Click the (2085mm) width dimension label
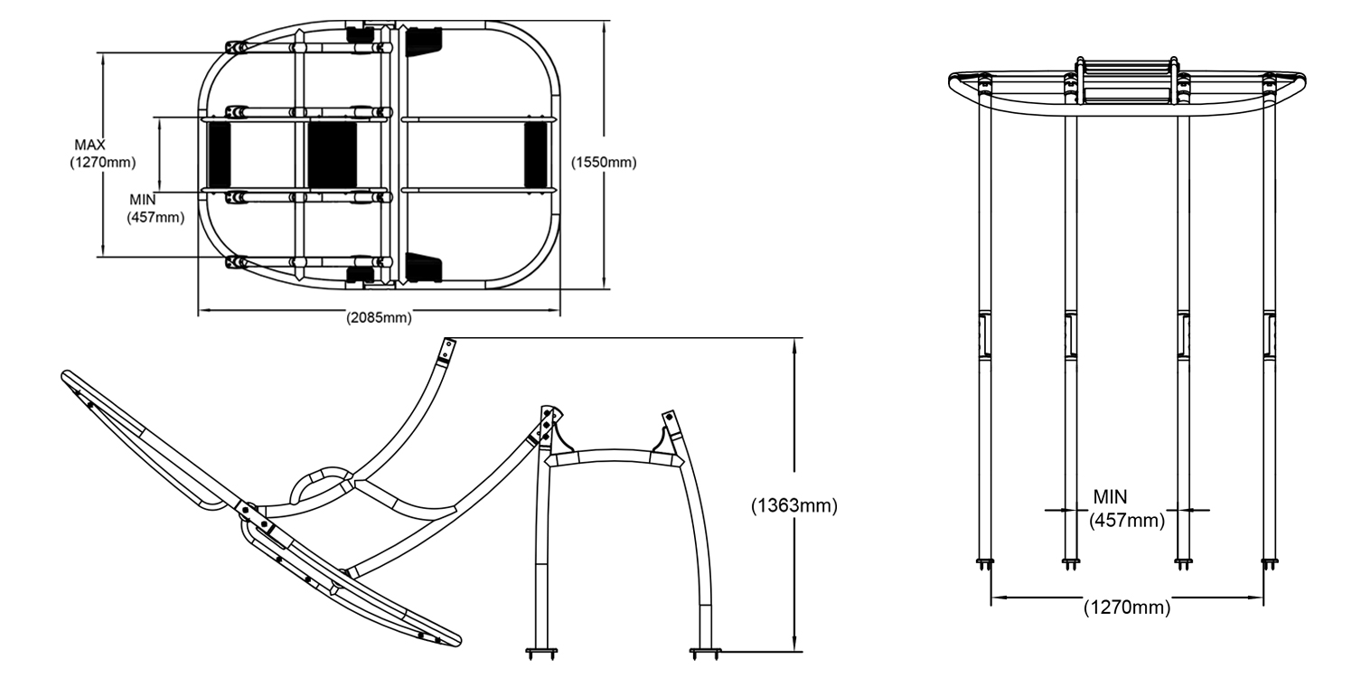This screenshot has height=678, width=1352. click(x=379, y=318)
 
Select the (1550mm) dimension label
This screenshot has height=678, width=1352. click(x=604, y=163)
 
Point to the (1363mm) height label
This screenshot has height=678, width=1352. click(x=794, y=506)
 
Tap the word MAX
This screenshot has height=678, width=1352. click(x=90, y=145)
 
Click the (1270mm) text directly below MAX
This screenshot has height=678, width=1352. click(x=102, y=163)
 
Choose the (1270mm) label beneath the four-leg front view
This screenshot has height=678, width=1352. click(x=1126, y=607)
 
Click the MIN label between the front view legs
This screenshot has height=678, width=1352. click(x=1111, y=496)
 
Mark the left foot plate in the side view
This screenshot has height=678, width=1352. click(x=541, y=649)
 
